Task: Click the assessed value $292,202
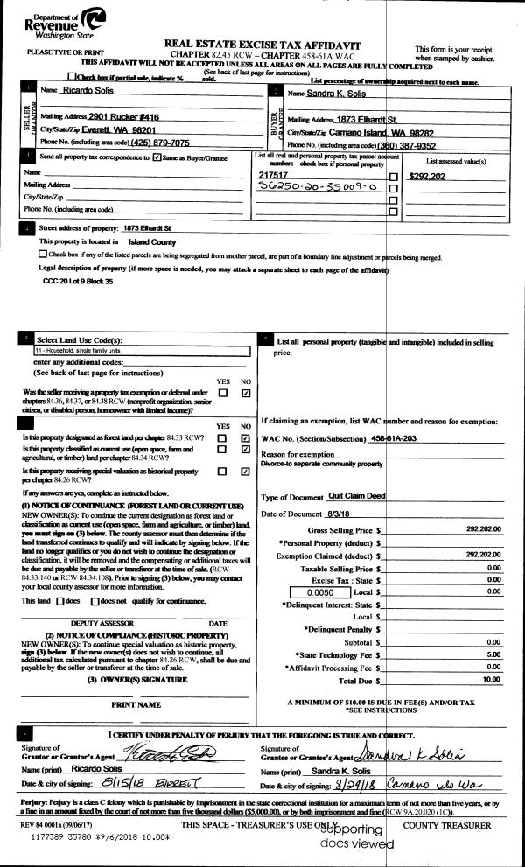coord(428,175)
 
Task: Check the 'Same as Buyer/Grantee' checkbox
coord(157,157)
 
